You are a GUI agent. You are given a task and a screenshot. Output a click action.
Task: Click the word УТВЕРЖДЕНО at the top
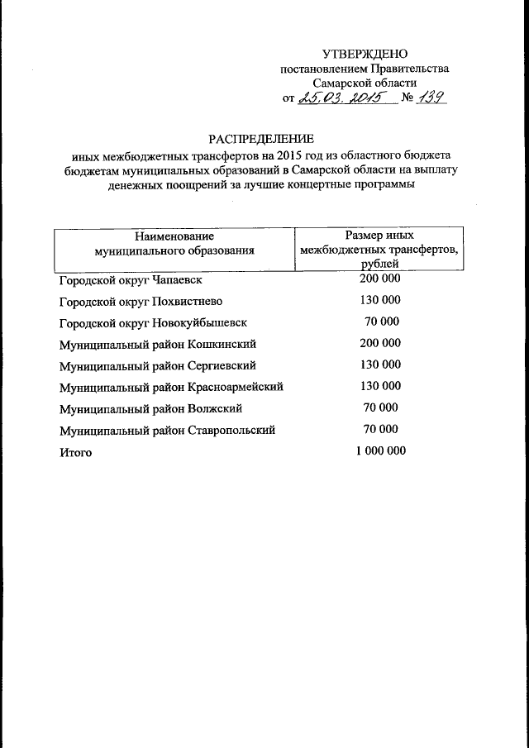365,54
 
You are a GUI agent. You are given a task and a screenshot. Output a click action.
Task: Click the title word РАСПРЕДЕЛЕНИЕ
261,138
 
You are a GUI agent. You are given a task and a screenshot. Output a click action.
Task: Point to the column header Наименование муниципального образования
174,241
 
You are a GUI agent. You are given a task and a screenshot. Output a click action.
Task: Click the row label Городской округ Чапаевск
130,280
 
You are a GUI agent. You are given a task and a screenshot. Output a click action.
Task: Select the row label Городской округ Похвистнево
141,301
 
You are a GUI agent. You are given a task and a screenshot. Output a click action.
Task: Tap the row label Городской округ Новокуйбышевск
153,322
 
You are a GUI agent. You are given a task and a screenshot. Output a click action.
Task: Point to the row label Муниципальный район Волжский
150,408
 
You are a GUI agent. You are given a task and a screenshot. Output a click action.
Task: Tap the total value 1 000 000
380,450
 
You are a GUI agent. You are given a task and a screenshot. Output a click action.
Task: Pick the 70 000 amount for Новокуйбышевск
381,322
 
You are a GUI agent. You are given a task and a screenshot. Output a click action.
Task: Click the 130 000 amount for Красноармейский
380,386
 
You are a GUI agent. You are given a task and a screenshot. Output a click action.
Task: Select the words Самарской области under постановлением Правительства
365,83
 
